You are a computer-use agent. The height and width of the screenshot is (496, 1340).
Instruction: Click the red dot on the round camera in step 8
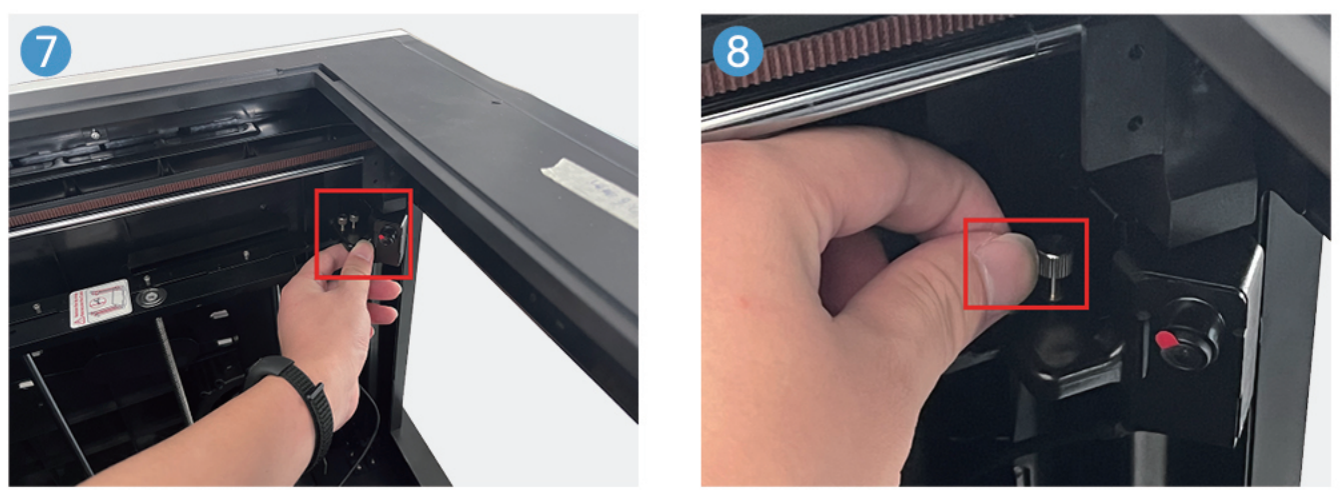1165,342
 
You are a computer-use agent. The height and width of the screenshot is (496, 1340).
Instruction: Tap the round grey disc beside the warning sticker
153,298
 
